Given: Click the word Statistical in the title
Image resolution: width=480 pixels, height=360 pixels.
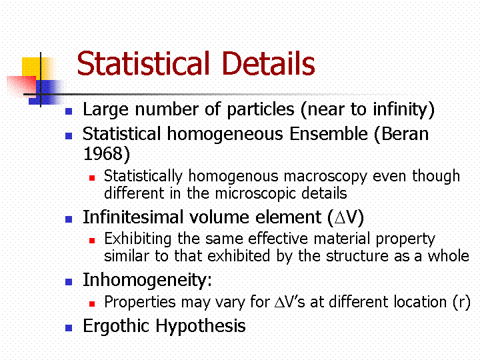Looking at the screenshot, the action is (x=143, y=63).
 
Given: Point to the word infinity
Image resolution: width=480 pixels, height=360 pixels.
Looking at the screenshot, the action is (x=400, y=109).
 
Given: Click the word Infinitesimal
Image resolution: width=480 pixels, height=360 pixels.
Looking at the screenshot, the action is (x=133, y=217).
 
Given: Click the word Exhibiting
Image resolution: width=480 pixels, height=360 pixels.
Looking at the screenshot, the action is (x=138, y=239).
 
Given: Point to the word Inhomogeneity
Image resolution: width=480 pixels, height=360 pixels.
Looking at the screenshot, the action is (x=145, y=280).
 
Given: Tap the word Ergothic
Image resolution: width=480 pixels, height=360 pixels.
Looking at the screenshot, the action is (x=116, y=326).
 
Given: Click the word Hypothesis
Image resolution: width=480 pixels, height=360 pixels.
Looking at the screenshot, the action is (x=201, y=326).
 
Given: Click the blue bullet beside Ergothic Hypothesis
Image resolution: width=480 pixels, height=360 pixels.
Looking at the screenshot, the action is (x=69, y=328).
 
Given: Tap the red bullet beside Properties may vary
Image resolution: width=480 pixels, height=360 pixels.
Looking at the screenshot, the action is (x=92, y=304).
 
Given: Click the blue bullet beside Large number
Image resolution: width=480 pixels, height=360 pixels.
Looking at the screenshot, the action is (x=69, y=111).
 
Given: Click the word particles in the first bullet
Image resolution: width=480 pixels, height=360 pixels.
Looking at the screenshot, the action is (x=261, y=109).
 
